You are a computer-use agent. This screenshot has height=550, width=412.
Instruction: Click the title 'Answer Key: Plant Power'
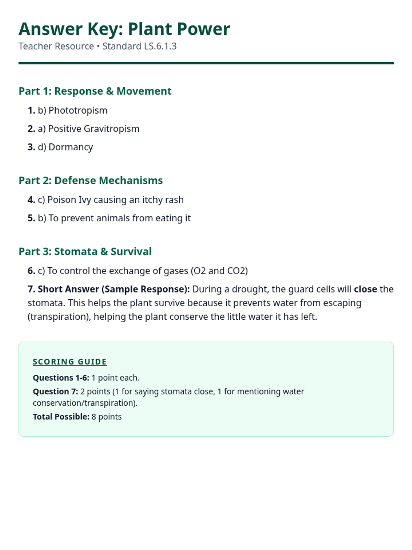click(124, 29)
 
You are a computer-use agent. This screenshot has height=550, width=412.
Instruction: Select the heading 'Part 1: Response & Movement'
click(95, 91)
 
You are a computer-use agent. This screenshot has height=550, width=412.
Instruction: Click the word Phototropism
click(78, 110)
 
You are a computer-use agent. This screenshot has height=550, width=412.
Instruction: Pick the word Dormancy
click(71, 147)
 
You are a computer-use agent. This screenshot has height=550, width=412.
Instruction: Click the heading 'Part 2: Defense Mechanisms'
click(91, 180)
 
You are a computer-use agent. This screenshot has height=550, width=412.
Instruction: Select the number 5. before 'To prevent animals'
click(31, 218)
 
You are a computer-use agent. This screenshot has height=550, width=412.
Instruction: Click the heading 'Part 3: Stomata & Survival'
click(85, 252)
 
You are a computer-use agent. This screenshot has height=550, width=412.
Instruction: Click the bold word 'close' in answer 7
click(365, 289)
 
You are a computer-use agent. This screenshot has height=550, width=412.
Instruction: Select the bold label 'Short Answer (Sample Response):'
click(114, 289)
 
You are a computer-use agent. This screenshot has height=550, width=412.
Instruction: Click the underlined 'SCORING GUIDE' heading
click(70, 362)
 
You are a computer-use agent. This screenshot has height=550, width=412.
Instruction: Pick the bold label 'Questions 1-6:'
click(61, 378)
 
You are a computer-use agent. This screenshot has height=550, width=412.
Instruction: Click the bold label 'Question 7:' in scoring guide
click(55, 392)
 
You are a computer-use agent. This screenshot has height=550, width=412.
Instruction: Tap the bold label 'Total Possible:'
click(61, 417)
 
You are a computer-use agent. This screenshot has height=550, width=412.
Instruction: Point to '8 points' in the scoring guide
click(106, 417)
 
